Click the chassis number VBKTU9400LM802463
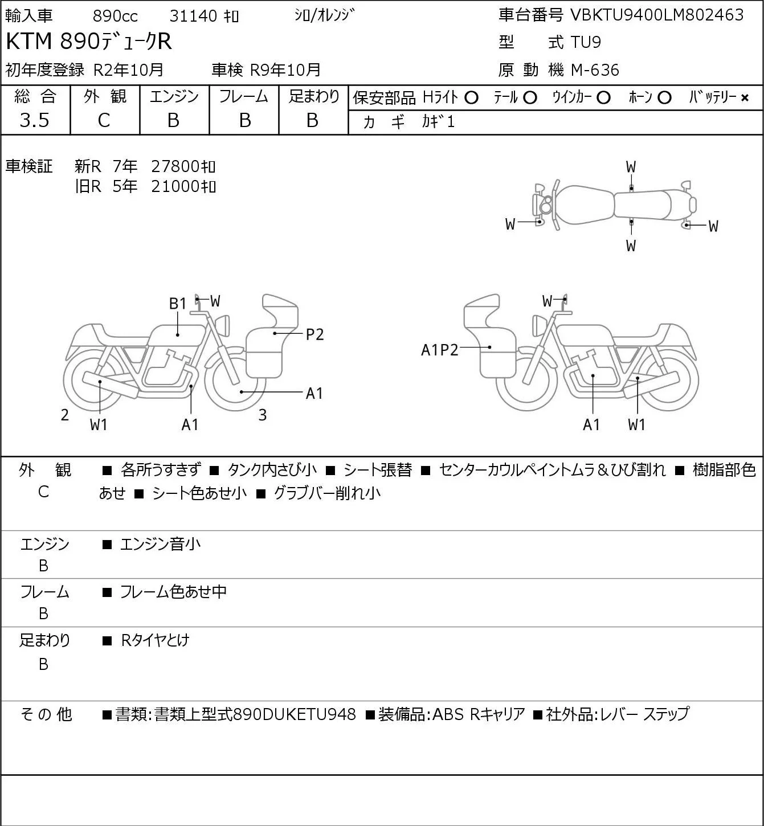[x=657, y=15]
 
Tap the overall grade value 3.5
[x=35, y=120]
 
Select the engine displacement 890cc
[x=115, y=16]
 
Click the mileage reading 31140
[x=193, y=16]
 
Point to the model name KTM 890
[x=53, y=41]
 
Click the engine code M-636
[x=595, y=70]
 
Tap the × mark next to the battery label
[x=745, y=98]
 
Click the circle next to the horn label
[x=664, y=98]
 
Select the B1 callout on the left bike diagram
[x=178, y=304]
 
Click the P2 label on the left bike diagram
[x=314, y=334]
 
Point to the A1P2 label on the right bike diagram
[x=439, y=350]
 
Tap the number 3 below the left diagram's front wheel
[x=262, y=415]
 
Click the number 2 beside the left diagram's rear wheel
[x=64, y=415]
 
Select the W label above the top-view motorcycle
[x=631, y=167]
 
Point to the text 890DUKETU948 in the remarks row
[x=295, y=714]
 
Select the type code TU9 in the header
[x=586, y=42]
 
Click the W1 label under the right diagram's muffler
[x=637, y=424]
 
